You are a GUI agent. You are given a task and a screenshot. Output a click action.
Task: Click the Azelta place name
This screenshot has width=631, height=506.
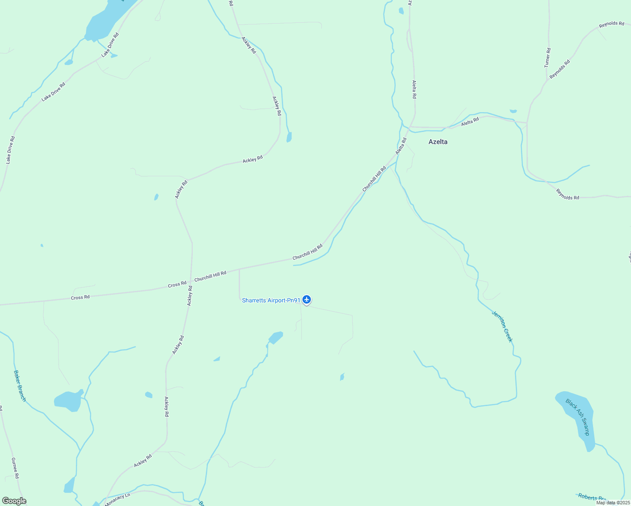pos(438,142)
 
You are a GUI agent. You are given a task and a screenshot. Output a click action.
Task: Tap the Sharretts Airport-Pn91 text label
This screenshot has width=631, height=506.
pos(271,300)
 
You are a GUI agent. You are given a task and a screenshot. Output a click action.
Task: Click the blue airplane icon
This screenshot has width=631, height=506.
pos(307,300)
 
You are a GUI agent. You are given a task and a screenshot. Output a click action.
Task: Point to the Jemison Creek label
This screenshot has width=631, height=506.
pos(502,326)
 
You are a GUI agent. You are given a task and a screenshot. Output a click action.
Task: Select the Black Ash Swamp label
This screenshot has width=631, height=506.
pos(577,417)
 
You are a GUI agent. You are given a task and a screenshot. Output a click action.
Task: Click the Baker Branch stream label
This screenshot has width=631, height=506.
pos(20,386)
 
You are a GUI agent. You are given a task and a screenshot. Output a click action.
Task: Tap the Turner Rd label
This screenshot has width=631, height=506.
pos(547,58)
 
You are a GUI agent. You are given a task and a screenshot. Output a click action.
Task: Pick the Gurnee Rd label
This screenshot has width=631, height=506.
pos(15,468)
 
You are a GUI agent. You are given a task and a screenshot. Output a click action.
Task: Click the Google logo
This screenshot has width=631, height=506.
pos(14,501)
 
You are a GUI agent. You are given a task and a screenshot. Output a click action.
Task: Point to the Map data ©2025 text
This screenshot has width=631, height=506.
pos(612,503)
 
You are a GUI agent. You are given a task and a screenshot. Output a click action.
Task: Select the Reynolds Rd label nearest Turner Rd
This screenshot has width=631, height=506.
pos(560,69)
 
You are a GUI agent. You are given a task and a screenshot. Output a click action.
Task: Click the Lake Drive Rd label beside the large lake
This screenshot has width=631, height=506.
pos(110,45)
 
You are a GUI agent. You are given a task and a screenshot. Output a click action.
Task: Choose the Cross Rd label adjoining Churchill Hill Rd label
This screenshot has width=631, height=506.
pos(177,285)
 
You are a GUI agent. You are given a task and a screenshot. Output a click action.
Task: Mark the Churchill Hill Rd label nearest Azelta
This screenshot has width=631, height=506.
pos(374,179)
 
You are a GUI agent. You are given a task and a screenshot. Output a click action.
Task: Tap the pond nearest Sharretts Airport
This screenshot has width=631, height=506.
pos(276,337)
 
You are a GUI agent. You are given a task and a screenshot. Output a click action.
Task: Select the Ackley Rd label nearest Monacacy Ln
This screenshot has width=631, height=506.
pos(143,461)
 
